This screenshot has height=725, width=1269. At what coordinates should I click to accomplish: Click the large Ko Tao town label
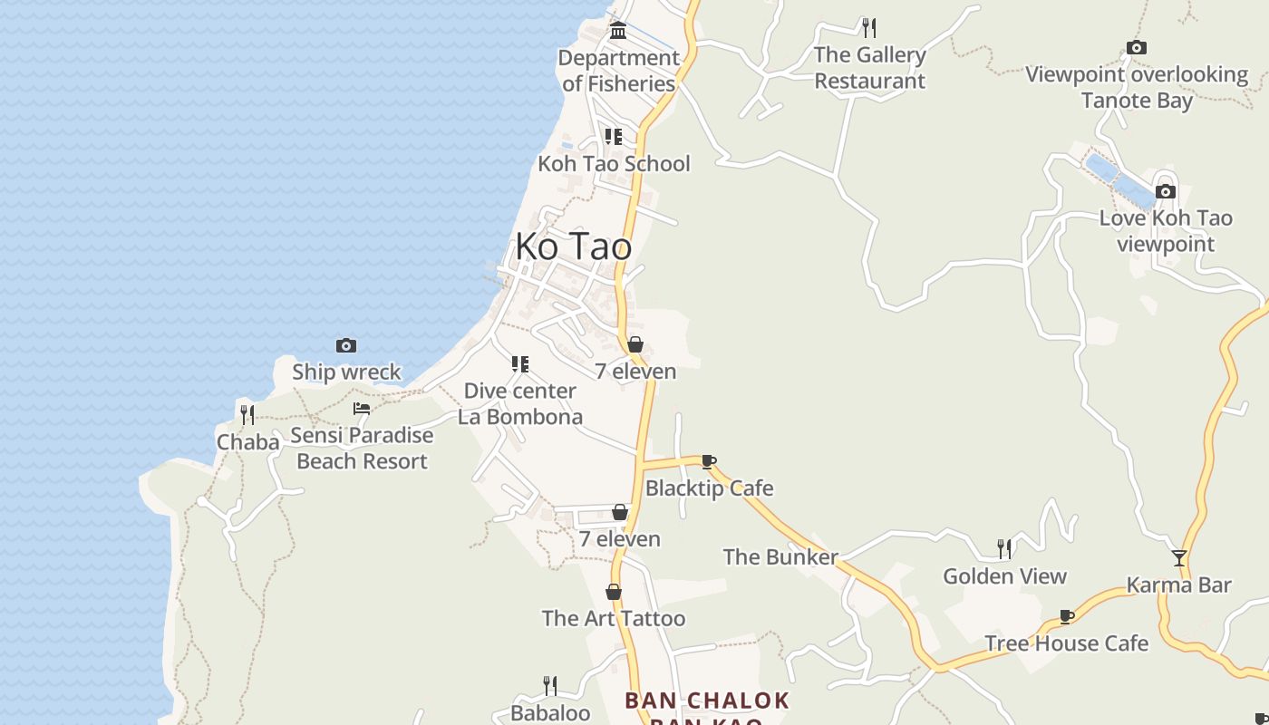click(x=573, y=246)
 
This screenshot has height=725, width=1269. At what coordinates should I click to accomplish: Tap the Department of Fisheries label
click(x=619, y=71)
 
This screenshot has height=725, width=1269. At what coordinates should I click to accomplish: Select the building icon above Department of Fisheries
click(x=618, y=31)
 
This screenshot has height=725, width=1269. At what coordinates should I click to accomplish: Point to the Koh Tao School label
click(x=614, y=164)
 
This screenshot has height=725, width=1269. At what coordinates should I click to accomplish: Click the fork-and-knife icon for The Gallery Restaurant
click(x=869, y=27)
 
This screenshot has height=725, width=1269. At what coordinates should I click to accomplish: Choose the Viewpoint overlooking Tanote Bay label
click(x=1137, y=87)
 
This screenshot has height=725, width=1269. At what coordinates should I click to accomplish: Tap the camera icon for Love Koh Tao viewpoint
click(x=1166, y=191)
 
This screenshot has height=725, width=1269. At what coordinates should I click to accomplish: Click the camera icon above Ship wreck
click(x=345, y=345)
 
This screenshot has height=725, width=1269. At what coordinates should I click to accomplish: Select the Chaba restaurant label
click(x=247, y=442)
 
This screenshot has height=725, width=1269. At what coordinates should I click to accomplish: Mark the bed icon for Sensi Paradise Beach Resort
click(x=362, y=409)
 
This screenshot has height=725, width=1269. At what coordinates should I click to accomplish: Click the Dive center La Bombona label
click(x=519, y=404)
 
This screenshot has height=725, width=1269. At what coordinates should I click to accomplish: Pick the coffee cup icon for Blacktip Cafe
click(x=709, y=462)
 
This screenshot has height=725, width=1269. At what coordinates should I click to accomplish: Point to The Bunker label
click(x=780, y=556)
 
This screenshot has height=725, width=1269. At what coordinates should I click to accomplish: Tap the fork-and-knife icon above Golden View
click(x=1004, y=548)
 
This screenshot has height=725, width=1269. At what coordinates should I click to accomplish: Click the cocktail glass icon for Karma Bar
click(x=1178, y=558)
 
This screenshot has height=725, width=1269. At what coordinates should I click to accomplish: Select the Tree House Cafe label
click(x=1066, y=643)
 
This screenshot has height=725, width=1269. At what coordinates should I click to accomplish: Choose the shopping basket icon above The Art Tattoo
click(x=614, y=592)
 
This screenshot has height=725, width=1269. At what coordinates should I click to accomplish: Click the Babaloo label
click(x=550, y=713)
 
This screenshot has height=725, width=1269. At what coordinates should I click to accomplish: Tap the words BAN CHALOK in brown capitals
click(x=707, y=701)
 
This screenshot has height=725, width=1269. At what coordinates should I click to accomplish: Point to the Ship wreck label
click(x=346, y=372)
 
